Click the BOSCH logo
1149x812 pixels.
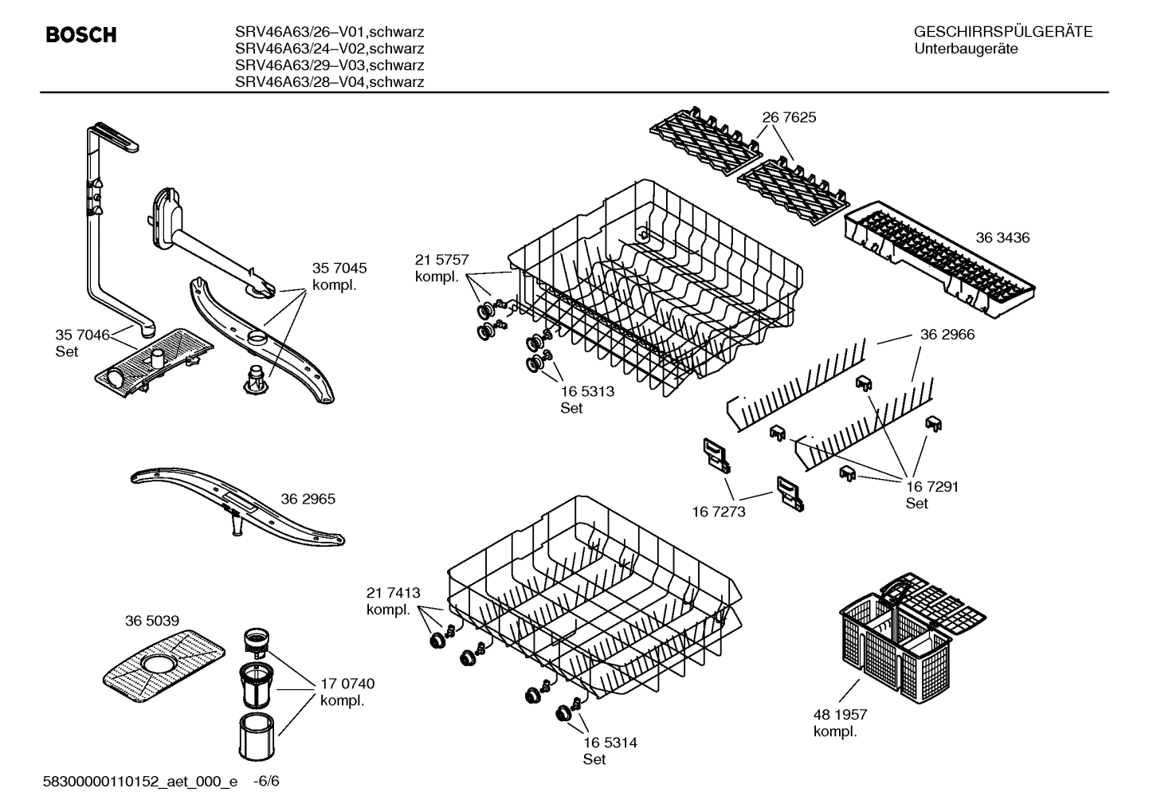pyautogui.click(x=81, y=35)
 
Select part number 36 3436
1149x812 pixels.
pyautogui.click(x=1002, y=237)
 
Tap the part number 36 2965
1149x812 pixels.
pyautogui.click(x=308, y=499)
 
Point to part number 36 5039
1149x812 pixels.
pyautogui.click(x=151, y=621)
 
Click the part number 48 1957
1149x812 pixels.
pyautogui.click(x=840, y=715)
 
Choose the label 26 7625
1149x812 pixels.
pyautogui.click(x=789, y=117)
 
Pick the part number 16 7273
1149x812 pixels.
pyautogui.click(x=718, y=512)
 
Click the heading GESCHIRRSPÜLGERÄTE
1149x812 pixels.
pyautogui.click(x=1002, y=33)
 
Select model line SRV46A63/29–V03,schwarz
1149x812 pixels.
pyautogui.click(x=329, y=65)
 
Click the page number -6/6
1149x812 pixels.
pyautogui.click(x=265, y=781)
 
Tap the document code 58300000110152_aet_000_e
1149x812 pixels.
pyautogui.click(x=139, y=781)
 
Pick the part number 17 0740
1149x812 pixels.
pyautogui.click(x=347, y=684)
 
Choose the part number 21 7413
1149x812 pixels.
pyautogui.click(x=393, y=593)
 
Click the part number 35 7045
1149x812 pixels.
pyautogui.click(x=339, y=269)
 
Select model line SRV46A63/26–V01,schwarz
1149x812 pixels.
pyautogui.click(x=329, y=32)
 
